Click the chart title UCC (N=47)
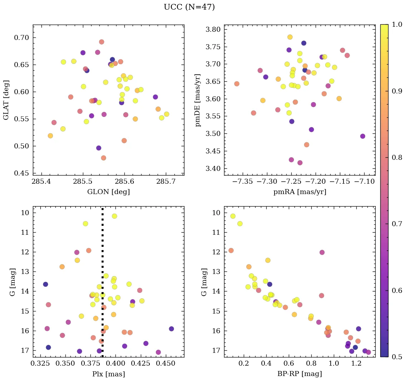tap(189, 7)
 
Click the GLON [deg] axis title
tap(108, 192)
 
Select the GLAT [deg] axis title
tap(6, 100)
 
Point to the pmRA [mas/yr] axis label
tap(299, 192)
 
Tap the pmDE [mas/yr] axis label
tap(198, 100)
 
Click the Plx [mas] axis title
tap(108, 374)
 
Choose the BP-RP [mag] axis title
tap(299, 374)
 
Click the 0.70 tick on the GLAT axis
tap(21, 38)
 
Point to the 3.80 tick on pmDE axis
tap(212, 29)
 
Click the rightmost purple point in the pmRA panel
tap(363, 136)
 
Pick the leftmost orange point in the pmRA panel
tap(237, 84)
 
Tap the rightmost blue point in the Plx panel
tap(172, 329)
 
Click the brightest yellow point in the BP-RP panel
tap(233, 216)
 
